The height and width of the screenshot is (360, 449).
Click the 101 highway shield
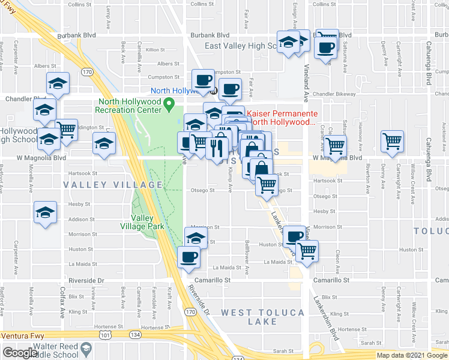[89, 336]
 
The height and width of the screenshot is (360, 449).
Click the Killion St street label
[154, 49]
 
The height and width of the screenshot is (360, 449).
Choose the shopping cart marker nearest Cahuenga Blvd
[392, 142]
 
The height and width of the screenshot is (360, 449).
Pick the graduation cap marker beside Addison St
[45, 213]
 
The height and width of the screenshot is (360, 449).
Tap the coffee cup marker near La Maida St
[189, 257]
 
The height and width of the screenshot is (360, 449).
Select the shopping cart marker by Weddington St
[66, 129]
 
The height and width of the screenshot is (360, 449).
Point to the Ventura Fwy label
[28, 336]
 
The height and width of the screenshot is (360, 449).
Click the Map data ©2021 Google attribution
[412, 355]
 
